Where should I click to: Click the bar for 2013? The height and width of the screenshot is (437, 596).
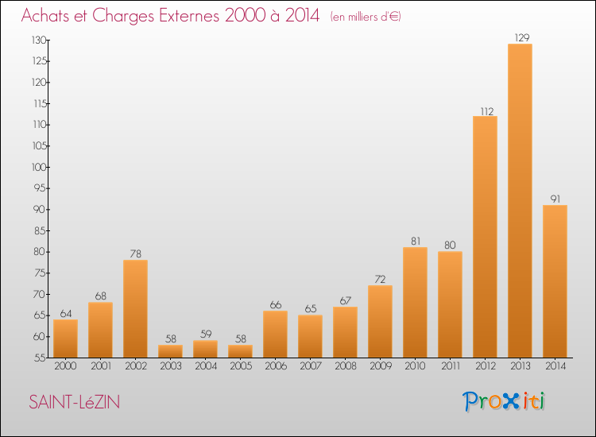[x=520, y=201]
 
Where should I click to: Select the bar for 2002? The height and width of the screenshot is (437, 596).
[x=135, y=308]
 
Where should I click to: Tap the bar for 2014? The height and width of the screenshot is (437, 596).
[x=555, y=281]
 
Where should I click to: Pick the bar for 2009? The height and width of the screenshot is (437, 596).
[x=380, y=322]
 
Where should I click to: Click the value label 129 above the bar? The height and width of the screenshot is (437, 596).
[x=522, y=37]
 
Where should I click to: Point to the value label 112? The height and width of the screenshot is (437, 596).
[x=487, y=111]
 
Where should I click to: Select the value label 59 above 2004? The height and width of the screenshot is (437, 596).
[x=206, y=334]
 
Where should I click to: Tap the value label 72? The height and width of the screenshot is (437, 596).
[x=380, y=280]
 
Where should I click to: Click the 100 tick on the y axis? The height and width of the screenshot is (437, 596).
[x=39, y=167]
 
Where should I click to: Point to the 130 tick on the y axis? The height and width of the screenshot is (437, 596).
[x=39, y=40]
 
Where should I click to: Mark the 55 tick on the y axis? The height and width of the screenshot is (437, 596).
[x=41, y=358]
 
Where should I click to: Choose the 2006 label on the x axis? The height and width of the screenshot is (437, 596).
[x=276, y=366]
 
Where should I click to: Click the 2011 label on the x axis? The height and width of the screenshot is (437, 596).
[x=451, y=366]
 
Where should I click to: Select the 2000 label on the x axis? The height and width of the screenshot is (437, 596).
[x=65, y=366]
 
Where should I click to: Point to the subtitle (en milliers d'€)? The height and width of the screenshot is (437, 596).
[x=366, y=17]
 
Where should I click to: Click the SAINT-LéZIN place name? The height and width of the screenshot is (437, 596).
[x=75, y=402]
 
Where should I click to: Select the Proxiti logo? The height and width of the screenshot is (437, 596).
[x=504, y=401]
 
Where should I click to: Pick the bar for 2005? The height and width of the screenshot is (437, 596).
[x=240, y=351]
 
